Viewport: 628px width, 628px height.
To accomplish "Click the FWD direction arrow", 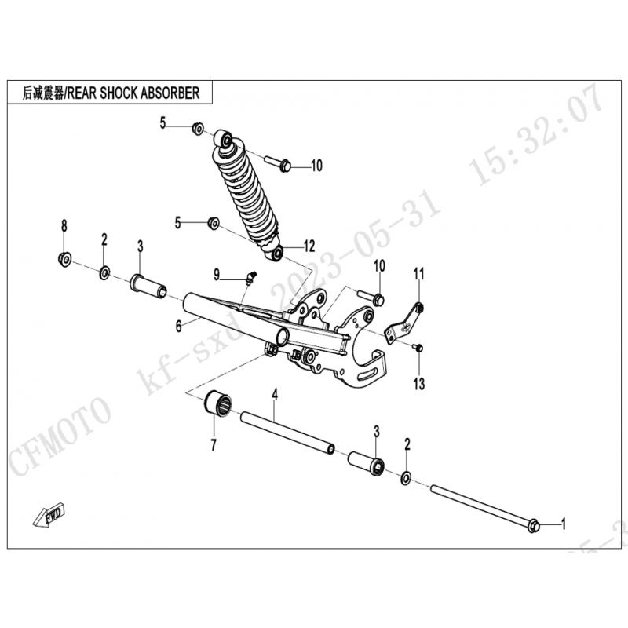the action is [x=49, y=517].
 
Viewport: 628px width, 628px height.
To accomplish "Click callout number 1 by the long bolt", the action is [x=564, y=524].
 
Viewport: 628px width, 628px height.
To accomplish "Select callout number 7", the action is [x=214, y=444].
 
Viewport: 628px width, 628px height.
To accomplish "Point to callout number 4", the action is [x=275, y=395].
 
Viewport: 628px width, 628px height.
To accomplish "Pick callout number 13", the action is [x=419, y=384].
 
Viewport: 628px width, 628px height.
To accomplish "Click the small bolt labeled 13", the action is [x=418, y=347].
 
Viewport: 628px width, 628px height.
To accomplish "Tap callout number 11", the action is [x=419, y=274].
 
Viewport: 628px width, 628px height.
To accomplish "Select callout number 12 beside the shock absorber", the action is [x=309, y=246].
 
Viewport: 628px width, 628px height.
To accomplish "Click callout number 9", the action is [x=217, y=275].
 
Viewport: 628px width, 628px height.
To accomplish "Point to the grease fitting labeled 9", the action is [x=250, y=278].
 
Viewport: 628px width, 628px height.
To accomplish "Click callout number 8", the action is [x=64, y=226].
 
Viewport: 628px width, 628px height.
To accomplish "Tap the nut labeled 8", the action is [x=64, y=259].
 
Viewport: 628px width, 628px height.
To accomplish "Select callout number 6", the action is [x=179, y=326].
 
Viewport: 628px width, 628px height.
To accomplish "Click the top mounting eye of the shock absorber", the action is [x=224, y=139].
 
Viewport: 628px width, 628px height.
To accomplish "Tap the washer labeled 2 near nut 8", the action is [x=104, y=272].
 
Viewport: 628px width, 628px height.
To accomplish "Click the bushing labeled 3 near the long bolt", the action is [x=367, y=464].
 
